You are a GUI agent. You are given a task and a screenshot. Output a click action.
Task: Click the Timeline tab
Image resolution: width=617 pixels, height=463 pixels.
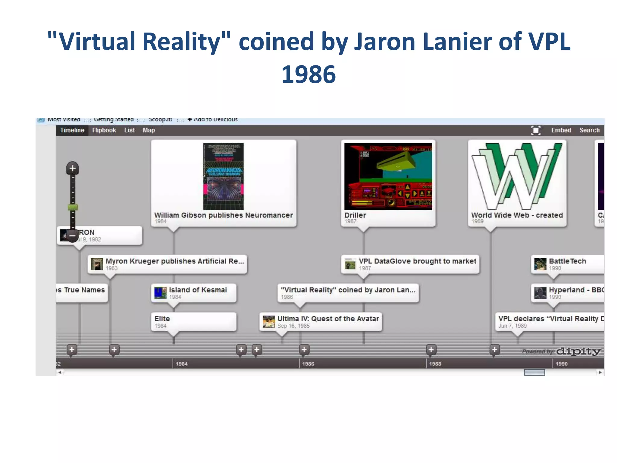72,130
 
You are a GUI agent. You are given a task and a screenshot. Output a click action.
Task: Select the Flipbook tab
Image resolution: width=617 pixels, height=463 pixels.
104,130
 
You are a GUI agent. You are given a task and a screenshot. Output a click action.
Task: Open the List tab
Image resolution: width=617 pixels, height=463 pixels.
130,130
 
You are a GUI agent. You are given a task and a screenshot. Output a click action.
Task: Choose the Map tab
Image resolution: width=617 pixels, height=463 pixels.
149,130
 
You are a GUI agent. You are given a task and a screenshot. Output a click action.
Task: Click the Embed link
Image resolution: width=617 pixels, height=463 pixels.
561,130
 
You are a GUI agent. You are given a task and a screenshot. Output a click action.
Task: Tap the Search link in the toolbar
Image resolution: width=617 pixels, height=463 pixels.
590,130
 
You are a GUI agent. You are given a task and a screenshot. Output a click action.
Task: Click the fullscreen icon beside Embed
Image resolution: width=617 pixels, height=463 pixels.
536,130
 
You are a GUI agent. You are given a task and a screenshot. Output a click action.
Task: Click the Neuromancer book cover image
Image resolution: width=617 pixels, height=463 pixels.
223,176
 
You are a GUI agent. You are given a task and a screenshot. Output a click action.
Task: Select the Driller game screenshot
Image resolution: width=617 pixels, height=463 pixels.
388,176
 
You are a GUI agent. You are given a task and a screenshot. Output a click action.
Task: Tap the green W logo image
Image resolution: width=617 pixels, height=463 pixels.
517,176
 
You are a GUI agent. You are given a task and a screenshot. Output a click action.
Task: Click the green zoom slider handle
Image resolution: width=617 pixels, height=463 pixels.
73,207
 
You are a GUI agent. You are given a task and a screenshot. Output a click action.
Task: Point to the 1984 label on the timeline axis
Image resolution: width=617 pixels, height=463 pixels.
182,364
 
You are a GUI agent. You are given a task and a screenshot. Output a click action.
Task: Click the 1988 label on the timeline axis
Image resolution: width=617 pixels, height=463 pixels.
435,364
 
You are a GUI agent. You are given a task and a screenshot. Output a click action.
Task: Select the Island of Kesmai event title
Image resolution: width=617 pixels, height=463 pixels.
198,290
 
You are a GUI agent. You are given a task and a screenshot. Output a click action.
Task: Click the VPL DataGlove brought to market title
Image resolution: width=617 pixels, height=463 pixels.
417,261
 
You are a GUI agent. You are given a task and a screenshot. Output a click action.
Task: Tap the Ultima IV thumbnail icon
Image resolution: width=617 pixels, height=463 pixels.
268,322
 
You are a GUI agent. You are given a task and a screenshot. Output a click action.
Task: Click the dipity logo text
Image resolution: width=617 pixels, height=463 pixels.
578,351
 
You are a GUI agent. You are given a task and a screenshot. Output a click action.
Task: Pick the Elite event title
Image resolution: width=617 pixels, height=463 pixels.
162,319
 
